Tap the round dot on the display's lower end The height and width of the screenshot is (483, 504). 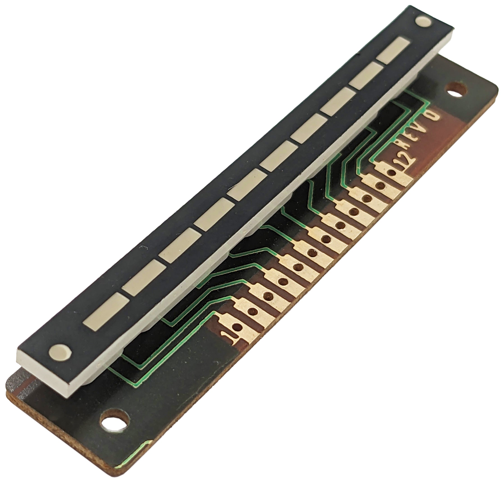(60, 351)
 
